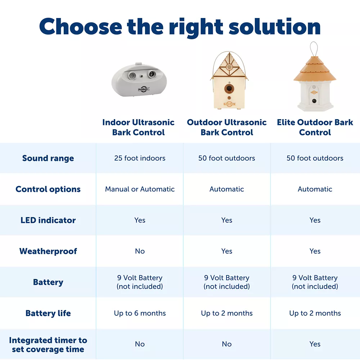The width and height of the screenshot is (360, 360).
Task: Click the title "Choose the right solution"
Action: (180, 27)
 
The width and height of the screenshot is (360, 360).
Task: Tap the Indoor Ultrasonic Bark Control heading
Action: (138, 127)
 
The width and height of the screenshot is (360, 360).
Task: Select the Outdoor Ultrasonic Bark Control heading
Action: (226, 127)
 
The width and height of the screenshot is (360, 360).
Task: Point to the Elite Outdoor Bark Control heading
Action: (315, 127)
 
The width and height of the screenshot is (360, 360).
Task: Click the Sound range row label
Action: (48, 158)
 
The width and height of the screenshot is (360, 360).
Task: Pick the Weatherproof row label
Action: (48, 251)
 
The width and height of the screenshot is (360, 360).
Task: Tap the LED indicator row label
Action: (48, 220)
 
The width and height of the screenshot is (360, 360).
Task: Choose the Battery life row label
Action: (48, 313)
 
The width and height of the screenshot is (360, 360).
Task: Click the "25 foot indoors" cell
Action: (140, 158)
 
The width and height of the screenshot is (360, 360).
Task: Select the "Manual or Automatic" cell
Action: (140, 189)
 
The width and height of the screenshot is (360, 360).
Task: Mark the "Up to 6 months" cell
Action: (140, 313)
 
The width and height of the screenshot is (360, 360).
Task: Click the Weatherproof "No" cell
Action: (140, 251)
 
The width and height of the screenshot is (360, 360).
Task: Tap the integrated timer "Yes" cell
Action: (315, 344)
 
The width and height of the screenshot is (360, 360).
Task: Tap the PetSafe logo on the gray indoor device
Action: (144, 89)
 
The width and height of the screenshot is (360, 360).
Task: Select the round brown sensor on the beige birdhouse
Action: (229, 88)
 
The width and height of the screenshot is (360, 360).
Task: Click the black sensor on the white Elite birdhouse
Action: (314, 101)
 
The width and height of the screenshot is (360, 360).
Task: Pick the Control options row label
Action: (48, 189)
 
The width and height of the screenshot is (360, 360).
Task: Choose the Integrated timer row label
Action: (48, 345)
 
